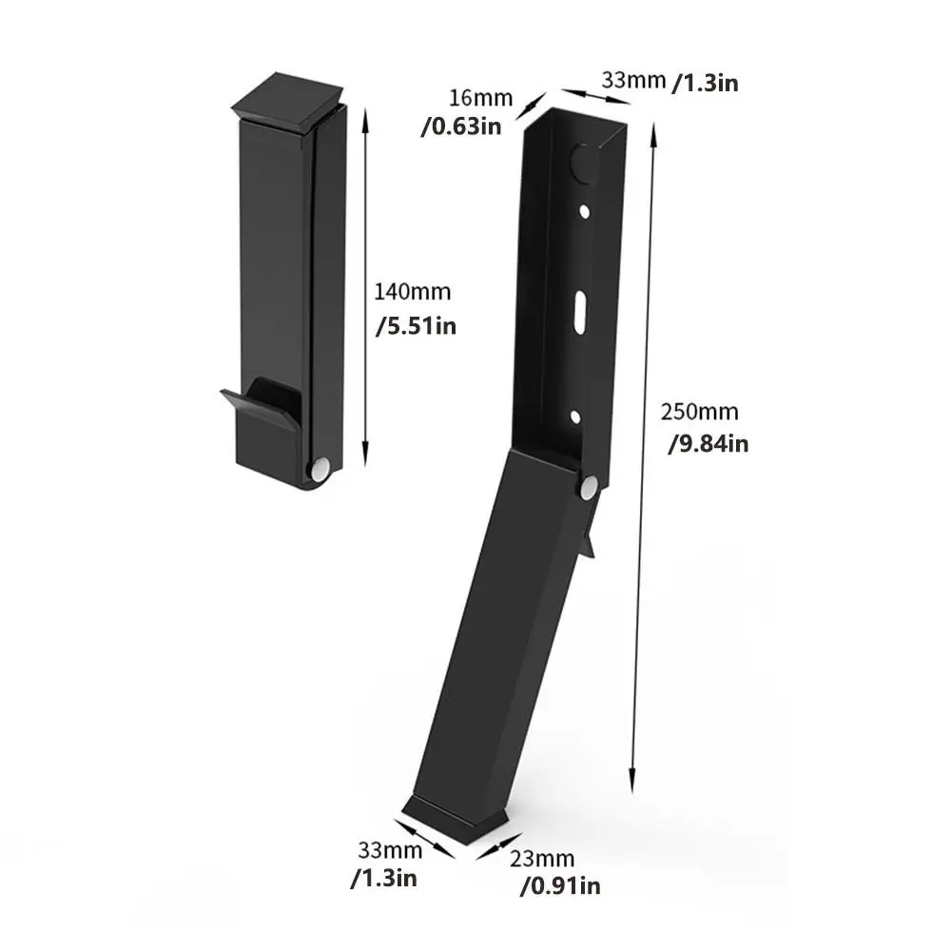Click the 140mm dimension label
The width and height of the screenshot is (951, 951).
pos(414,294)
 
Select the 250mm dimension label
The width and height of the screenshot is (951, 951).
pos(699,413)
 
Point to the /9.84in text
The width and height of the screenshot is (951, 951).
pos(707,444)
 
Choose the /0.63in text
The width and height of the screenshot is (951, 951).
pos(461,127)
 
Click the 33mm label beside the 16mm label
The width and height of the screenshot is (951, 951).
pos(631,81)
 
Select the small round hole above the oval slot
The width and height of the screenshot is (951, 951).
pos(584,212)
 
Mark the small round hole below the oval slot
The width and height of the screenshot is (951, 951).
pos(575,416)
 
